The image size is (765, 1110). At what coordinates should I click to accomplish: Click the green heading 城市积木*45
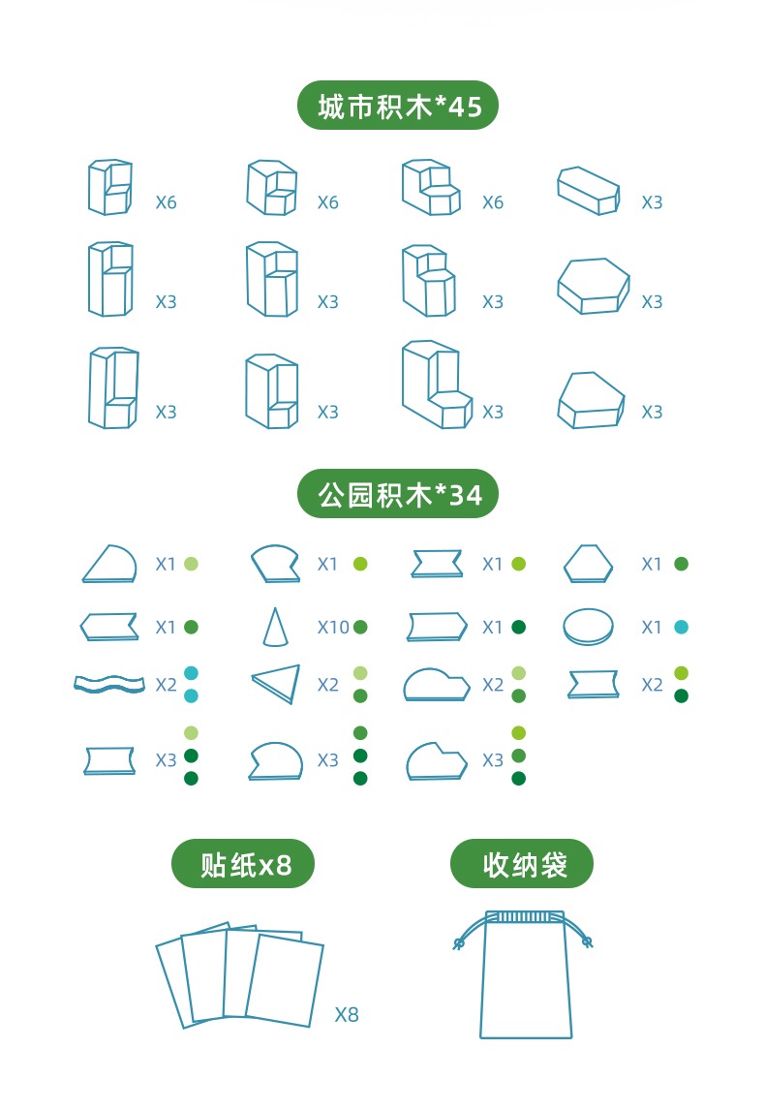[x=397, y=106]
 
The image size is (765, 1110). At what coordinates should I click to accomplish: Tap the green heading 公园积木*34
[x=397, y=495]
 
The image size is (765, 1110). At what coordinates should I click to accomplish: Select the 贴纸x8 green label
[x=244, y=863]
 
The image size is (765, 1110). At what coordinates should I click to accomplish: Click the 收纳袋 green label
[x=522, y=863]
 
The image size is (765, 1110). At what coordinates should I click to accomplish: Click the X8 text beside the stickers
[x=347, y=1015]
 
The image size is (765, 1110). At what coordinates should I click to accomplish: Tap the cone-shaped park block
[x=273, y=627]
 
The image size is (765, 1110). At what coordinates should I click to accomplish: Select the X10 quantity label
[x=333, y=628]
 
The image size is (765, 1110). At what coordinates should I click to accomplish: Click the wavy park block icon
[x=108, y=684]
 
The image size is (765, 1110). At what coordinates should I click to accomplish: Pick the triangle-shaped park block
[x=277, y=683]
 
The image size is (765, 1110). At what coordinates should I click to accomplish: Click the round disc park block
[x=588, y=626]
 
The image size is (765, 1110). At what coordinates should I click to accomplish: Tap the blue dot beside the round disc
[x=681, y=628]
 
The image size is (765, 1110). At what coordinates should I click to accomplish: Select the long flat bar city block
[x=588, y=190]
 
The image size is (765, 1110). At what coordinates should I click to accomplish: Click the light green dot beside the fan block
[x=191, y=564]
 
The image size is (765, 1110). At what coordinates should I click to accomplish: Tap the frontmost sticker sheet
[x=285, y=978]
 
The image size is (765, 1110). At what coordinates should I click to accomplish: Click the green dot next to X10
[x=360, y=628]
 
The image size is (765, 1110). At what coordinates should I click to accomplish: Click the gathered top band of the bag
[x=523, y=916]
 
